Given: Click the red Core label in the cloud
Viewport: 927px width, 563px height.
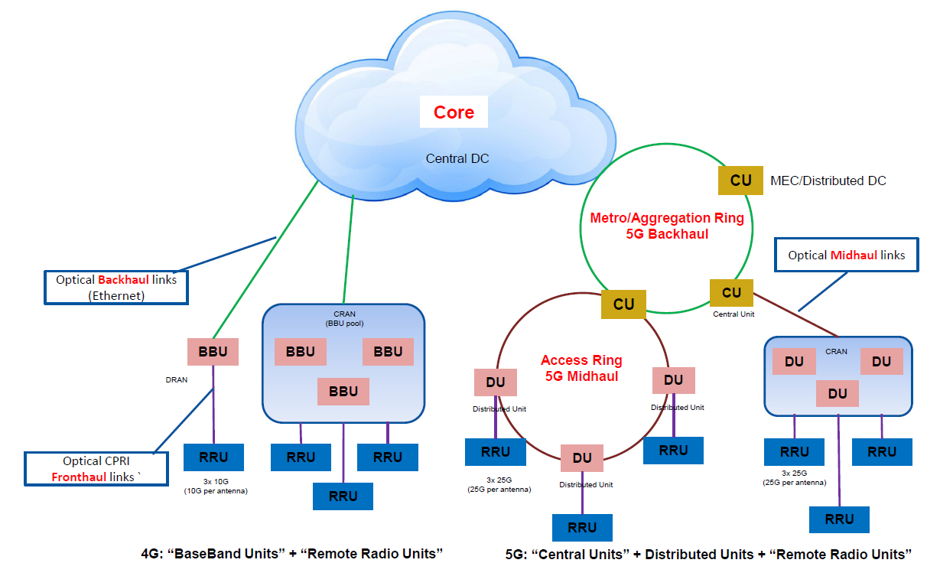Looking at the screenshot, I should [x=454, y=112].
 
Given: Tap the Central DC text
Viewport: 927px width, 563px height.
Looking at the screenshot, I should [x=457, y=158].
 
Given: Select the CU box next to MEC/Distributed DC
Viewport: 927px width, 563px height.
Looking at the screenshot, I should [x=740, y=181].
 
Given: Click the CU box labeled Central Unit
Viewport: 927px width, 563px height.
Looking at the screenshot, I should [x=731, y=292].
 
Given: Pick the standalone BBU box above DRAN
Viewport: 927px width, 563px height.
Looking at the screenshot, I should [x=213, y=352].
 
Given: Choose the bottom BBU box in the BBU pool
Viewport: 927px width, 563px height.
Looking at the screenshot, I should [x=343, y=392].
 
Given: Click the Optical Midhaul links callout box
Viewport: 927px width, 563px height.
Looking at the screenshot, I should [x=846, y=255].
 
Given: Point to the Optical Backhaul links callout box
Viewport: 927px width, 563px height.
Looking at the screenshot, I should [x=116, y=287].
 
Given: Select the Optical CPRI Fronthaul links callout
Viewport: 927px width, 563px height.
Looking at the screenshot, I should [x=96, y=469].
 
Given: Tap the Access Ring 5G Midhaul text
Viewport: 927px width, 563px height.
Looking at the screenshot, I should [x=581, y=368].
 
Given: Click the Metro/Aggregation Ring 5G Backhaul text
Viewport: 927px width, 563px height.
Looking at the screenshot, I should [x=667, y=226].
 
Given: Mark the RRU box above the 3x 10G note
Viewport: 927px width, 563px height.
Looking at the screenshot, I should [x=213, y=457].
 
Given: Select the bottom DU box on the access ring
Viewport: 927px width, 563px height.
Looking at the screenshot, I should [x=582, y=458].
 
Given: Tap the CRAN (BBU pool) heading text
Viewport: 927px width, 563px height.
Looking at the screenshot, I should [x=343, y=318].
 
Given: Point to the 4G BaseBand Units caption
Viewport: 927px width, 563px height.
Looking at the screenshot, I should [x=292, y=552].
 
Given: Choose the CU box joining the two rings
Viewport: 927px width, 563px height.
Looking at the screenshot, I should [x=623, y=304].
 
